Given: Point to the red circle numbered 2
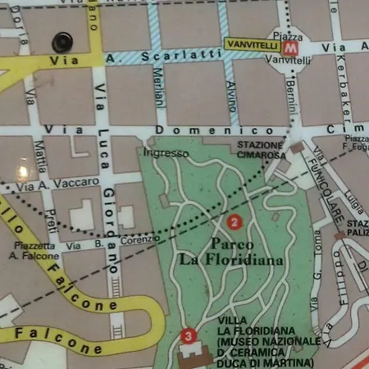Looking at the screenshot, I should pyautogui.click(x=235, y=221).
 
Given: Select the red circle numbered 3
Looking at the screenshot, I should pyautogui.click(x=189, y=335).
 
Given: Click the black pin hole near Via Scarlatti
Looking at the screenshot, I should pyautogui.click(x=61, y=41).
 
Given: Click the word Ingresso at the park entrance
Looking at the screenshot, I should pyautogui.click(x=165, y=153).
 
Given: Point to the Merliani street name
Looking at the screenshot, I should pyautogui.click(x=159, y=89).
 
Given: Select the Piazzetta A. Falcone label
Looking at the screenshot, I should pyautogui.click(x=34, y=250).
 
